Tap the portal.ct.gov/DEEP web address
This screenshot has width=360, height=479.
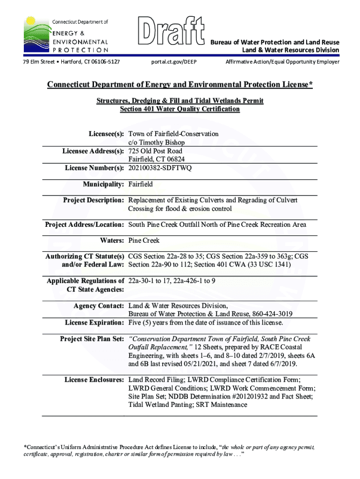pos(174,62)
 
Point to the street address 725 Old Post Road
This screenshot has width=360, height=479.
pos(155,151)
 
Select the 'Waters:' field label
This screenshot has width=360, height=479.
pos(112,240)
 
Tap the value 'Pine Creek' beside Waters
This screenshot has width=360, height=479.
pos(144,240)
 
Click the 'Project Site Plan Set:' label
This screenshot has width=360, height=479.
pos(92,339)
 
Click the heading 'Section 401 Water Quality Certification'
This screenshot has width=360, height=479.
pos(180,109)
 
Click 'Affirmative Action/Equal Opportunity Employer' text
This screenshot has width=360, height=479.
pos(282,62)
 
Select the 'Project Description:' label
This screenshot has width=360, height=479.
pos(93,200)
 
